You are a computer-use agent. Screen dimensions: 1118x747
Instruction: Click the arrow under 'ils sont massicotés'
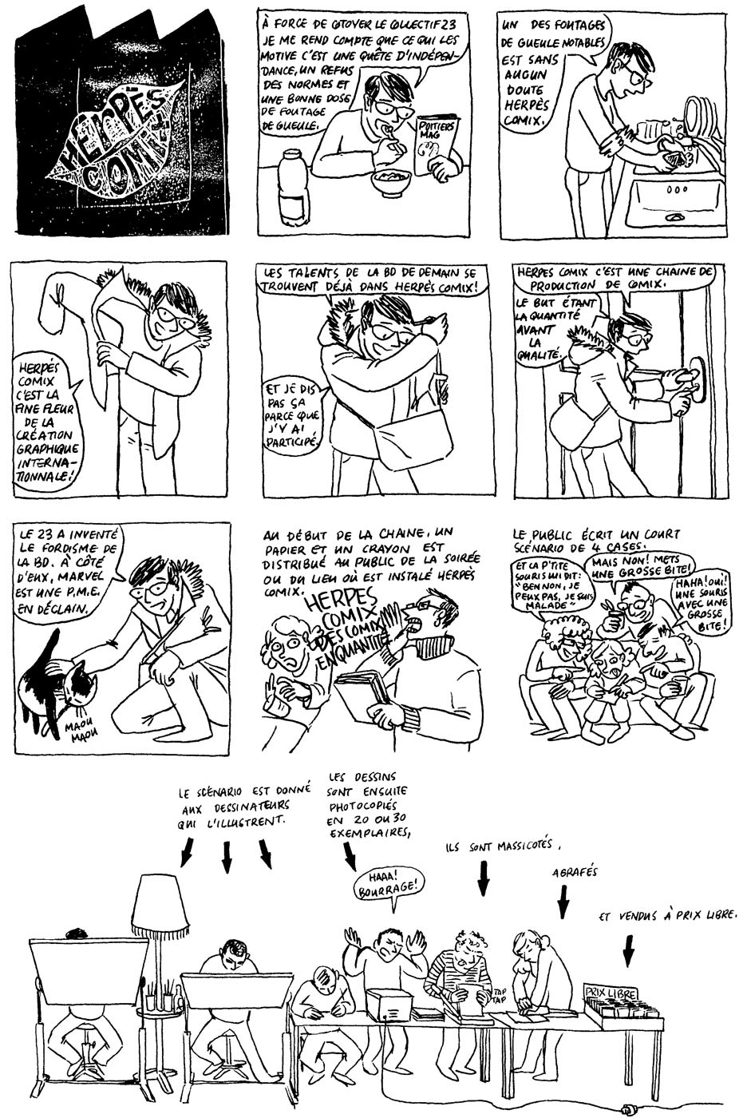point(483,882)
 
